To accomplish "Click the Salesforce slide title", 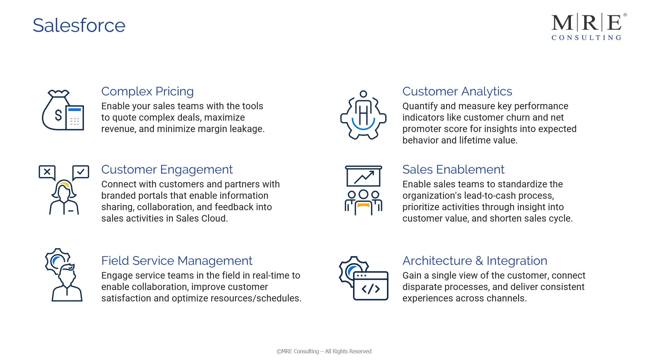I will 79,25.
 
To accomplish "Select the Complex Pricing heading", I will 147,91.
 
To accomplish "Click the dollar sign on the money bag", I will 58,115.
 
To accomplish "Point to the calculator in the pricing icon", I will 75,118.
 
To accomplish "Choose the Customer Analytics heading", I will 457,91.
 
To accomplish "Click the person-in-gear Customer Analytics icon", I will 363,115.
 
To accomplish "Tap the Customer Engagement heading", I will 167,169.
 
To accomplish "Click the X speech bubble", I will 47,172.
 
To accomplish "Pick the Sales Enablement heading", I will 453,169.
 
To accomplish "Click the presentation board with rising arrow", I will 363,177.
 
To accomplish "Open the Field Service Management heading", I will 177,261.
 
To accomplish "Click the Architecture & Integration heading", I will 474,261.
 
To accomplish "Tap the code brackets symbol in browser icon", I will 370,289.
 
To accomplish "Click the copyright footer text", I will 324,351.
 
